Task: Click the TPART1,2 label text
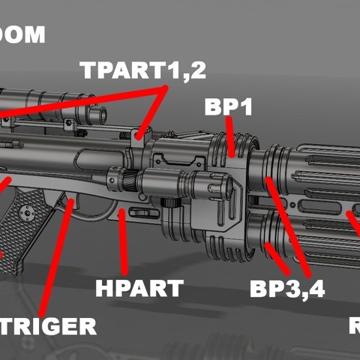(x=142, y=71)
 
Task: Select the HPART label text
(x=139, y=288)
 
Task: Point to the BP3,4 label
(x=287, y=289)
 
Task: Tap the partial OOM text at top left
(x=22, y=35)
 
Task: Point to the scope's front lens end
(x=97, y=113)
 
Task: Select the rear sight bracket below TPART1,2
(x=136, y=139)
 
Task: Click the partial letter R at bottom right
(x=355, y=326)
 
